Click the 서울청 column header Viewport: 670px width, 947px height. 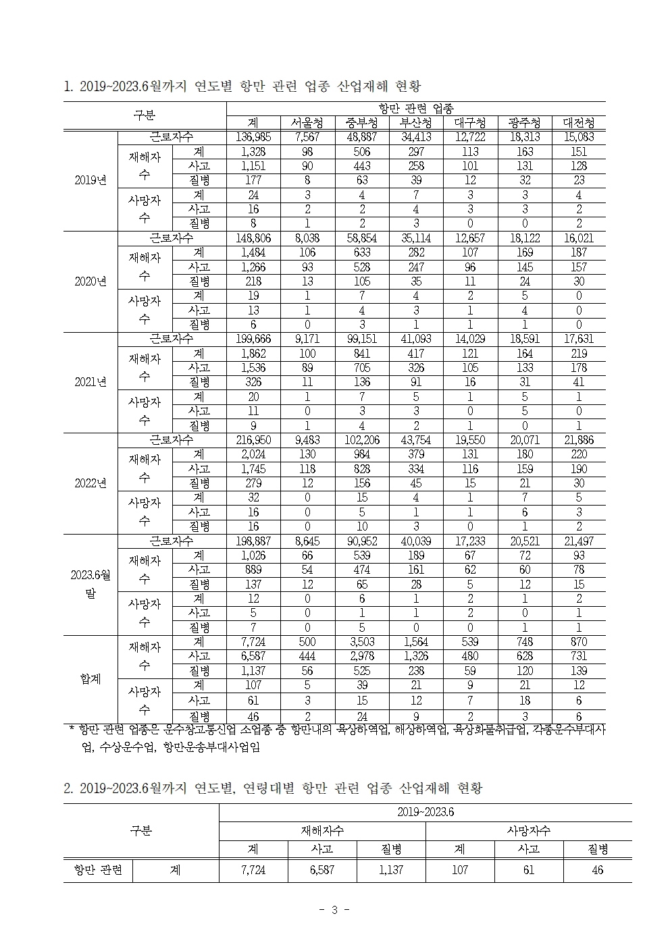(x=308, y=123)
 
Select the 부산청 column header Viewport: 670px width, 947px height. (x=416, y=123)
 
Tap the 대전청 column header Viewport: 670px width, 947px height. (x=579, y=123)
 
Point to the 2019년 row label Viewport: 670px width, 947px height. (x=91, y=181)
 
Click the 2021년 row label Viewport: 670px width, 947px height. (x=91, y=383)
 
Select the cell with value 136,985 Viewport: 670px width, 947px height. (x=253, y=138)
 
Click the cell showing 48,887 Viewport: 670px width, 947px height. (x=362, y=138)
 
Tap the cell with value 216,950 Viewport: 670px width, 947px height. (x=253, y=440)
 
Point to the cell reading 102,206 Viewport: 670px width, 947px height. (x=362, y=440)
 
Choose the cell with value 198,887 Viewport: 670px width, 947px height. (x=253, y=541)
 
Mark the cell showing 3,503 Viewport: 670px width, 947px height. (x=362, y=642)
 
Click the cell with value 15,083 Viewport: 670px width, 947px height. (x=579, y=138)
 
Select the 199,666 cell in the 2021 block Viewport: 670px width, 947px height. (x=253, y=340)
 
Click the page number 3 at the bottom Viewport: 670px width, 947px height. (x=334, y=910)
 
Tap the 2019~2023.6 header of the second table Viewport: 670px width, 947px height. (x=426, y=812)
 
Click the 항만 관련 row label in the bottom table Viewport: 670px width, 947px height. (x=98, y=870)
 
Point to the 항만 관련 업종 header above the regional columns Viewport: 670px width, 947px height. (x=416, y=109)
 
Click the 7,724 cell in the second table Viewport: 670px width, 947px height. (x=253, y=871)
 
